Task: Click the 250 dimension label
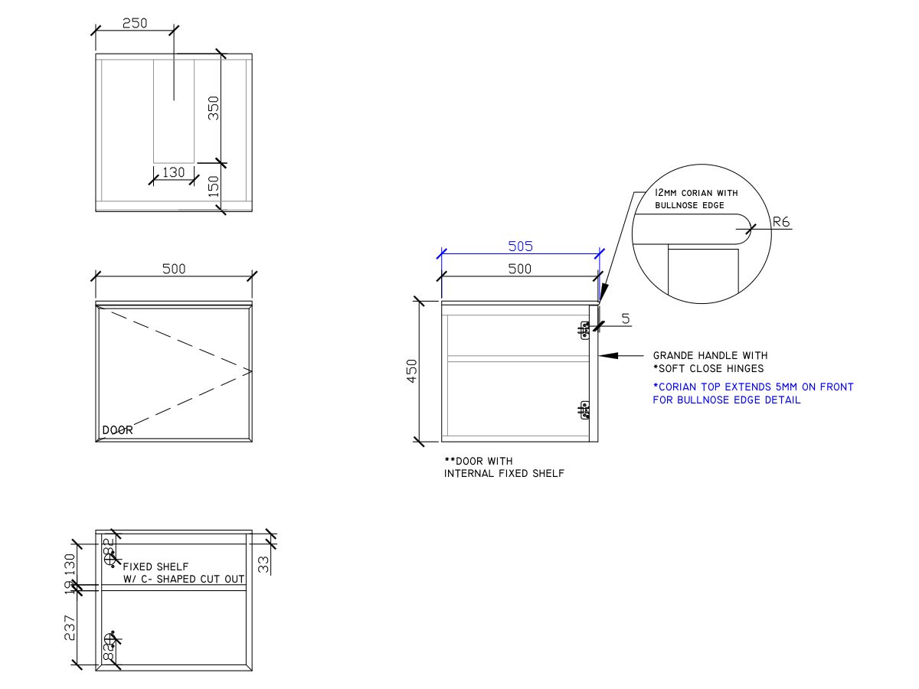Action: coord(135,23)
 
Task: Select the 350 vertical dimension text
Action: coord(214,107)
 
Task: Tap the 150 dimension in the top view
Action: coord(214,186)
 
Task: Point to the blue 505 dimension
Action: coord(520,246)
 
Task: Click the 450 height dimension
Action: coord(411,371)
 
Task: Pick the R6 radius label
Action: coord(781,222)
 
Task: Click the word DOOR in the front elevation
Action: coord(117,430)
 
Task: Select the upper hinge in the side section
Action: coord(585,330)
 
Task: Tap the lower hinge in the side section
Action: coord(585,411)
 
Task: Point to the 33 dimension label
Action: coord(263,564)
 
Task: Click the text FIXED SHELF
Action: coord(155,567)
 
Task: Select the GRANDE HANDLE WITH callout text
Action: coord(710,355)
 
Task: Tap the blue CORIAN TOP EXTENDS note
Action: coord(753,387)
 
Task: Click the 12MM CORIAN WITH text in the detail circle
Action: coord(696,194)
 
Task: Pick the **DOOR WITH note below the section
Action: coord(479,461)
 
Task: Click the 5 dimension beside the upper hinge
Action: coord(626,318)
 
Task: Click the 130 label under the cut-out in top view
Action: coord(174,172)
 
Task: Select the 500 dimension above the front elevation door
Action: coord(174,269)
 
